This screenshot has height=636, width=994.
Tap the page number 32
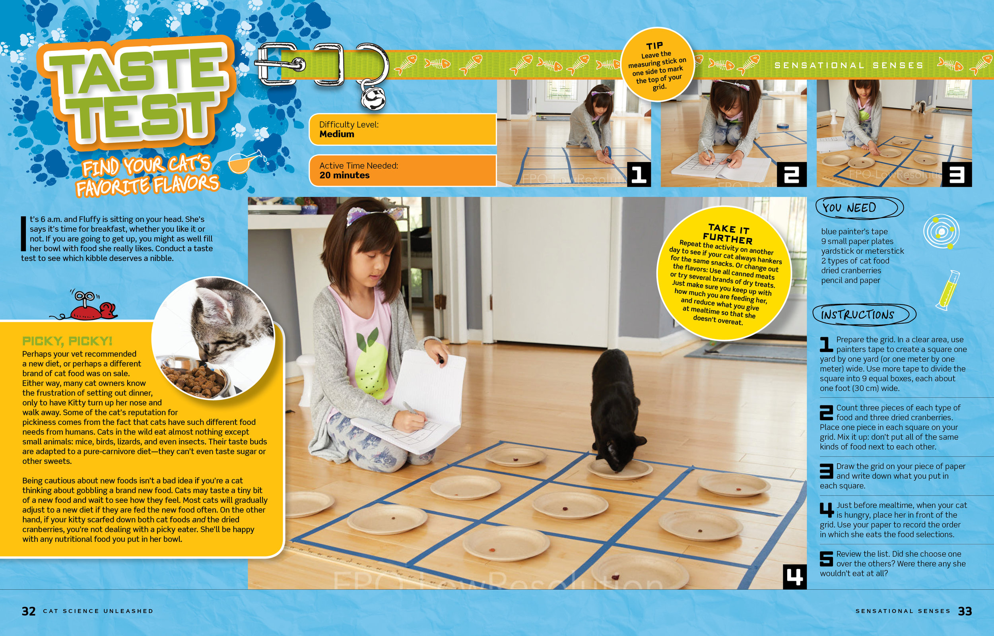29,611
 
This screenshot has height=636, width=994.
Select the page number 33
965,611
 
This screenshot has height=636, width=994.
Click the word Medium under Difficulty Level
336,134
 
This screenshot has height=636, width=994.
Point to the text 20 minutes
344,175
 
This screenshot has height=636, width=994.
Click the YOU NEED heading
849,207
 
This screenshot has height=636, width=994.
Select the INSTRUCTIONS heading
857,315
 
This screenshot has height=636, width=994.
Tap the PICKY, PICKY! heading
67,341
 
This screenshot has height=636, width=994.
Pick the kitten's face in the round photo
215,326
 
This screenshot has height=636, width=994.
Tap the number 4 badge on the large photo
794,576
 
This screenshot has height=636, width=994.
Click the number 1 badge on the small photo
639,174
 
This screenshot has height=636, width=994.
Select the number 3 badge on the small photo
957,174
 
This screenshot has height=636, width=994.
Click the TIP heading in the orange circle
654,45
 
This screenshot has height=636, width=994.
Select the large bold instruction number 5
826,559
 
